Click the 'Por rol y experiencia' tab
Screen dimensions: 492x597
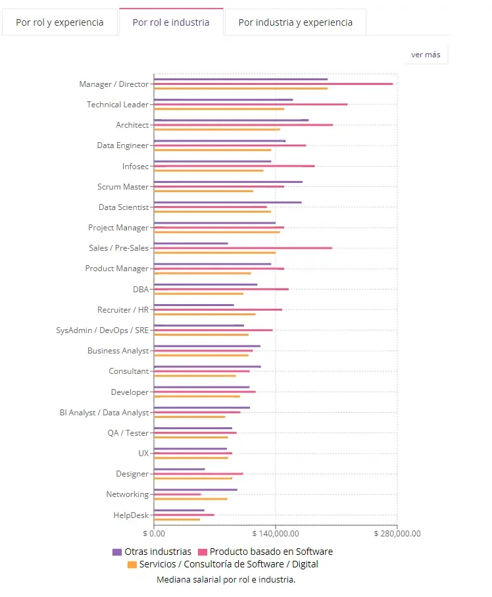60,22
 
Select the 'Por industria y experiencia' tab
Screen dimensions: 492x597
295,22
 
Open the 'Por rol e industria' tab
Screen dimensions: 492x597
171,22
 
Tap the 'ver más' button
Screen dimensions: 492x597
426,55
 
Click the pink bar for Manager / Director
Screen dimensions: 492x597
273,84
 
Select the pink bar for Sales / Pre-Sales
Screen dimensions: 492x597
243,248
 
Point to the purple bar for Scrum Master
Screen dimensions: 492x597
228,182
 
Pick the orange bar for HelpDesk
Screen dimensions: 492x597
177,519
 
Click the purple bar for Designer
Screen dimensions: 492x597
179,469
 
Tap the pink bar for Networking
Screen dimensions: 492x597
178,494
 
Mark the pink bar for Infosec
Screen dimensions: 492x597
234,166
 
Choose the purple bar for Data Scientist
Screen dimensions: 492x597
228,202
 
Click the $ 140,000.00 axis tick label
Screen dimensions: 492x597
276,533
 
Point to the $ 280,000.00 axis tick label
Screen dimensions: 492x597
397,533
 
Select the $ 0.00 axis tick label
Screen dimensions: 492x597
154,533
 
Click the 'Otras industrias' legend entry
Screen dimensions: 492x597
152,552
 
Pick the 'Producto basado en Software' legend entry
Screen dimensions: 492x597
266,552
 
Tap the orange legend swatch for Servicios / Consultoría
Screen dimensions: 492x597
132,564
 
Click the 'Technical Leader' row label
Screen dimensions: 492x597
118,104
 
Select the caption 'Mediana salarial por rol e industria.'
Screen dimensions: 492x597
226,579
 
